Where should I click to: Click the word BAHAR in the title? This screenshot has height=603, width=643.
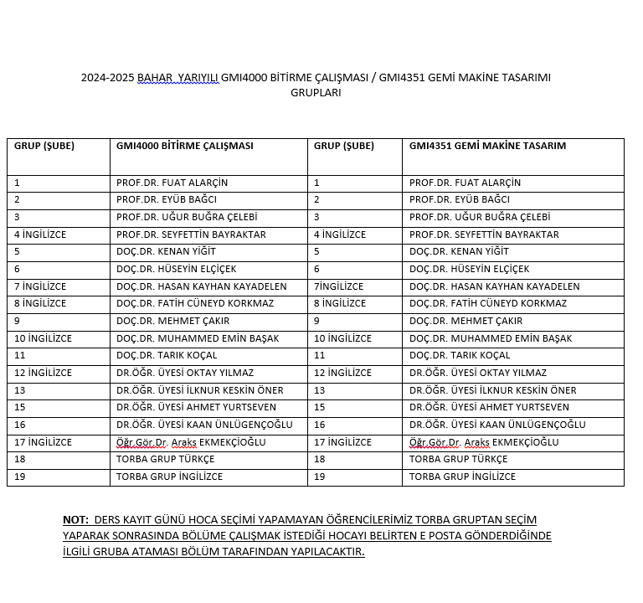coord(155,78)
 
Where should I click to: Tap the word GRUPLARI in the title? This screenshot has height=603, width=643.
coord(316,93)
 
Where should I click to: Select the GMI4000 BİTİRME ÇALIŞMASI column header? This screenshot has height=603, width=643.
coord(184,146)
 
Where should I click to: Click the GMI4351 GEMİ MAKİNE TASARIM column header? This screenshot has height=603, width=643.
coord(487,146)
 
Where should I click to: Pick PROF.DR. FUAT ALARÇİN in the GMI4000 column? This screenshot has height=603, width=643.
coord(172,183)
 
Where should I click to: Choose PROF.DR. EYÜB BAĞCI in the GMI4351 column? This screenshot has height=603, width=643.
coord(459,200)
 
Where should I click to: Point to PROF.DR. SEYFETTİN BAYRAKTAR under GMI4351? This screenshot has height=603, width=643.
coord(484,234)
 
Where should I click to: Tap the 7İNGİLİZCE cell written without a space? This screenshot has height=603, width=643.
coord(338,286)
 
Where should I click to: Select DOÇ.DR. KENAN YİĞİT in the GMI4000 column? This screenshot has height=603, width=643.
coord(166,251)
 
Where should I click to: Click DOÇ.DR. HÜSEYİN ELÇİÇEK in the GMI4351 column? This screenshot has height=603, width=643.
coord(469,269)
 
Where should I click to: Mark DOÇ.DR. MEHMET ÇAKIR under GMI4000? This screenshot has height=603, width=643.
coord(172,321)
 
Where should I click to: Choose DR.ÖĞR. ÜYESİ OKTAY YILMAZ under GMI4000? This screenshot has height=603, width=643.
coord(185,373)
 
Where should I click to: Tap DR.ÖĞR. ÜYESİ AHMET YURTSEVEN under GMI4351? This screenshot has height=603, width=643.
coord(489,407)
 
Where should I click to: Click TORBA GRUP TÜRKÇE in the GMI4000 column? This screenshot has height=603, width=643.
coord(165,459)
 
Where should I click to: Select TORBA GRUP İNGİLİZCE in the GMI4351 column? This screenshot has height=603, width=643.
coord(462,477)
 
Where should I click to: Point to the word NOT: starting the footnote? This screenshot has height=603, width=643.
coord(75,520)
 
